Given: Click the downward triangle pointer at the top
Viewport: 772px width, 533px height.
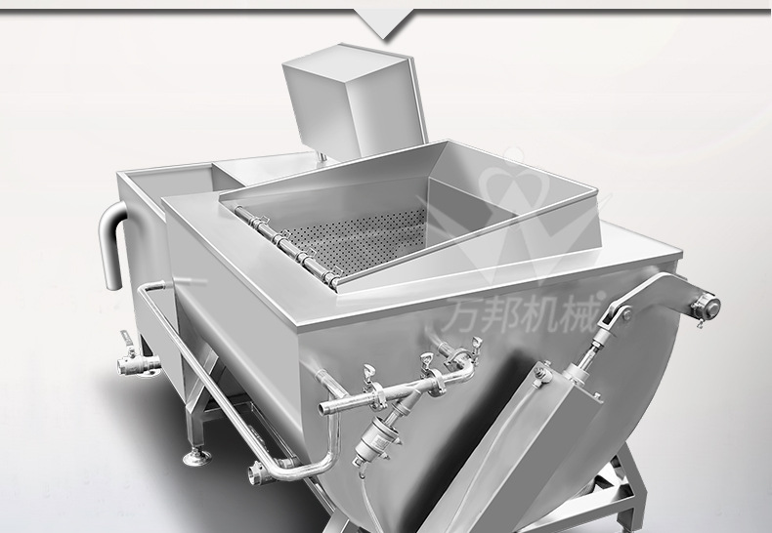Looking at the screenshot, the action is pos(384,23).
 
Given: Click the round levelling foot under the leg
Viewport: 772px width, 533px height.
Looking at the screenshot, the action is pos(197,457).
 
